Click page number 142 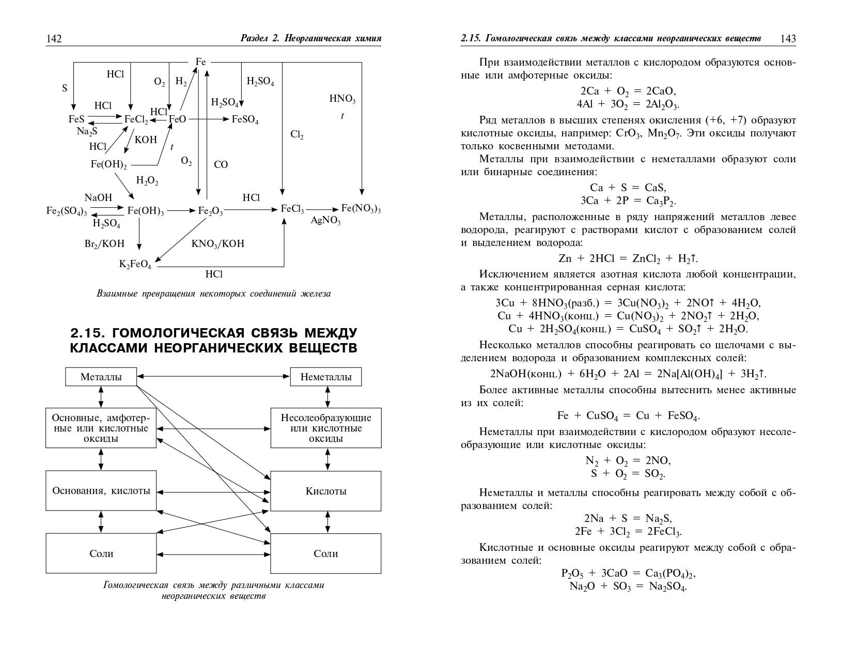(54, 39)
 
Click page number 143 (788, 39)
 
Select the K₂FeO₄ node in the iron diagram (135, 265)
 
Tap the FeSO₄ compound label (245, 119)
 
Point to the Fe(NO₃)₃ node (361, 209)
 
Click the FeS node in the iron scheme (76, 119)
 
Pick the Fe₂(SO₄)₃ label (67, 211)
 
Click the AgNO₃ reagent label (325, 221)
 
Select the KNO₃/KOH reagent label (217, 243)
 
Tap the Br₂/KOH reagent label (104, 243)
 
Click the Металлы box (101, 377)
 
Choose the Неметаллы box (326, 377)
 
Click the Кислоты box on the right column (326, 491)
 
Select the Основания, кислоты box (101, 490)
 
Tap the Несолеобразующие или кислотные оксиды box (326, 428)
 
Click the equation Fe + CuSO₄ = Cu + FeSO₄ (628, 416)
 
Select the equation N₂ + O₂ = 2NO (628, 460)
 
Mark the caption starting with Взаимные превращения (213, 294)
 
